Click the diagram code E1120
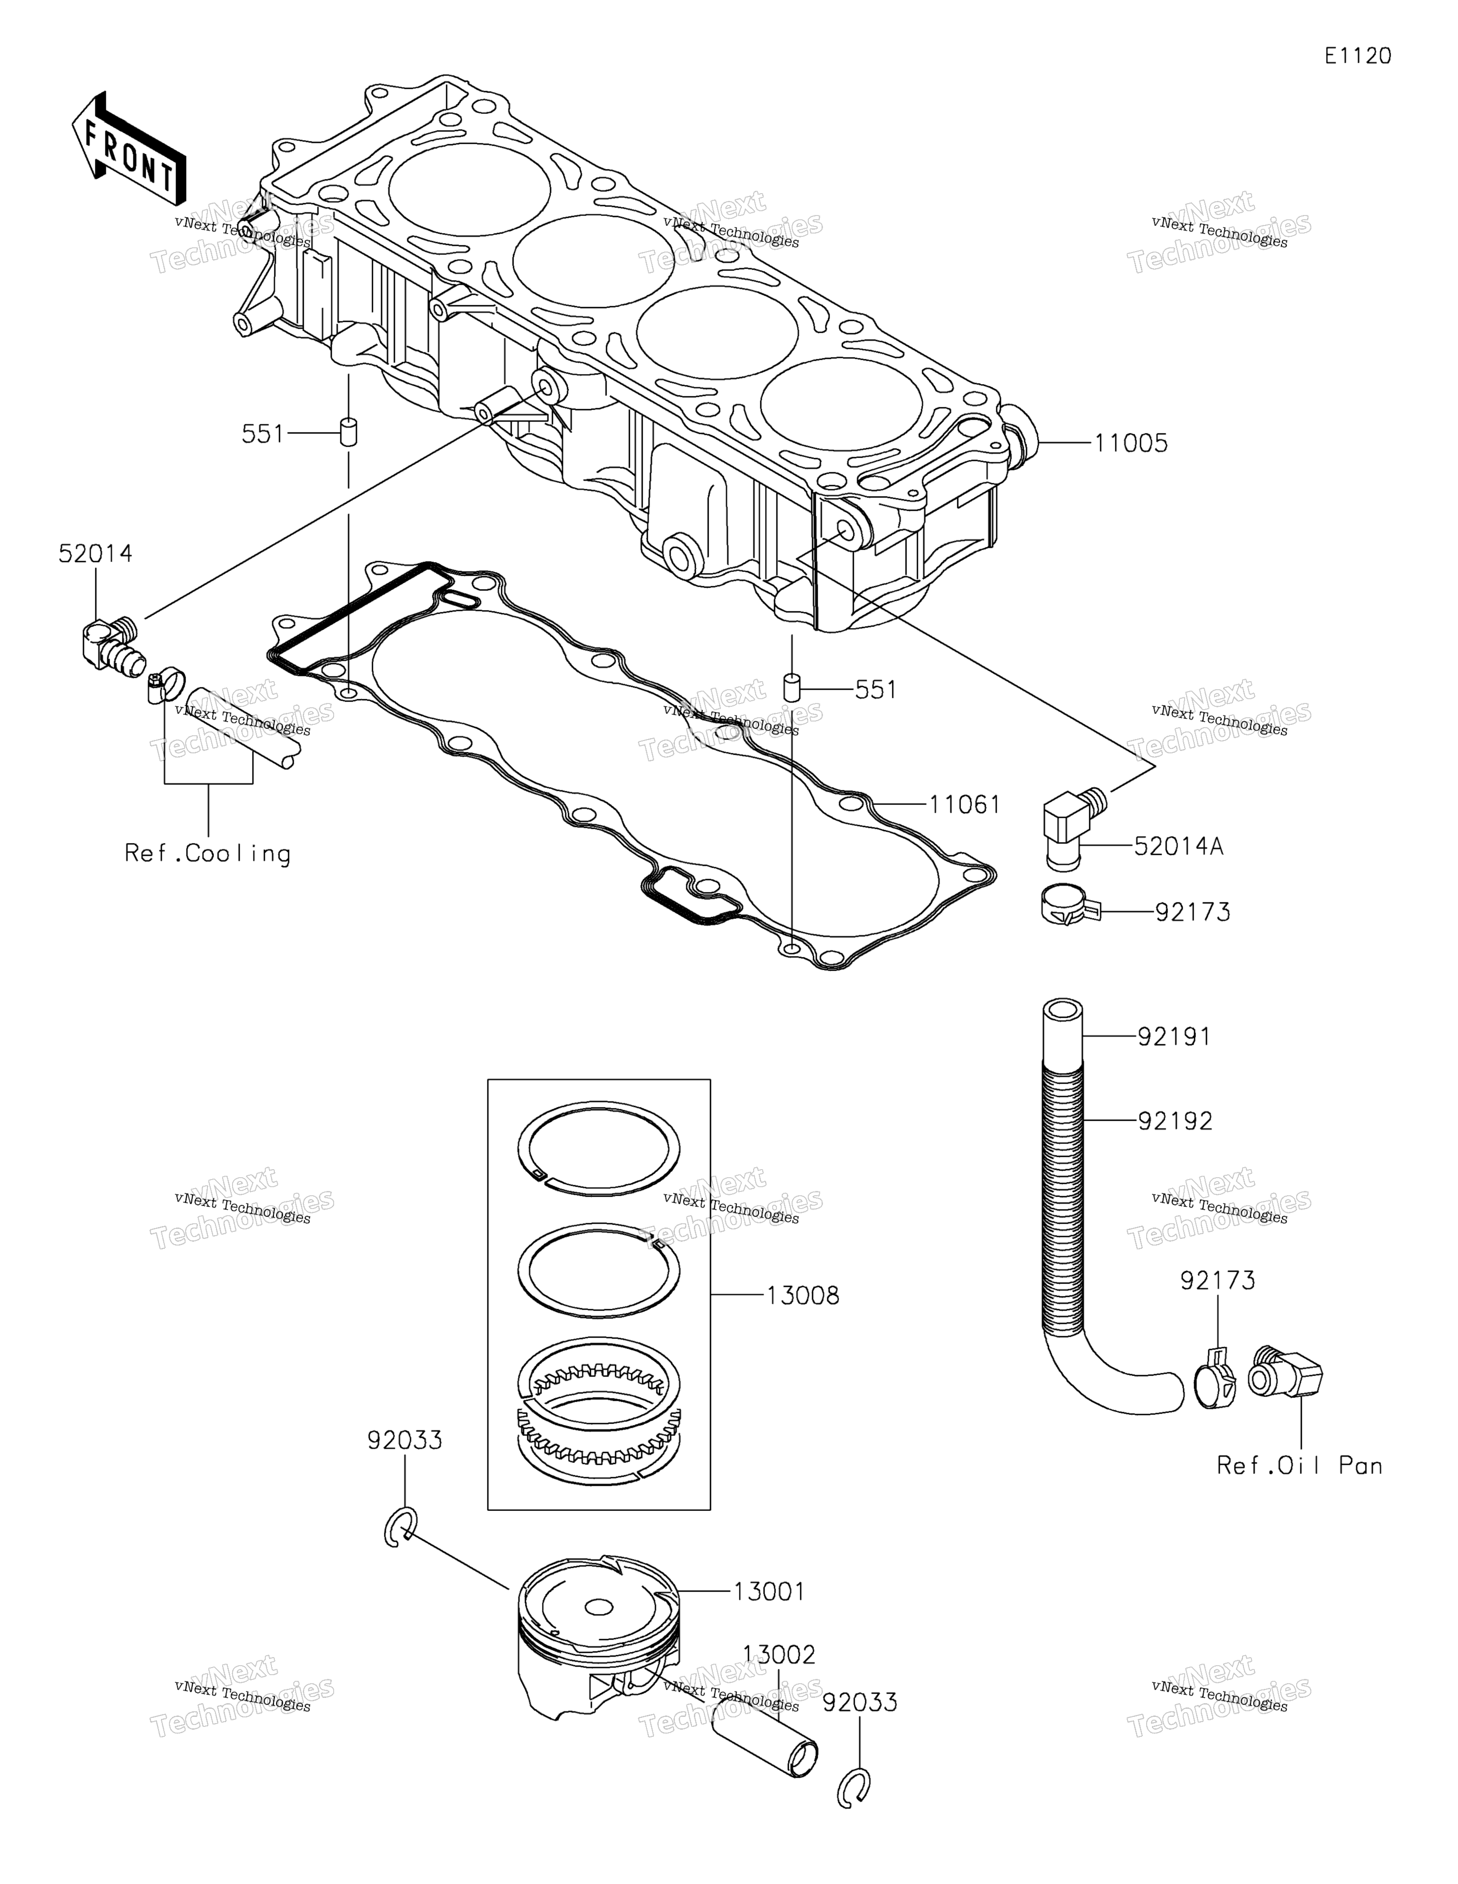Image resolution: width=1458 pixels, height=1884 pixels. pos(1358,56)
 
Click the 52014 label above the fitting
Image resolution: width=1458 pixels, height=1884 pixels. pos(95,554)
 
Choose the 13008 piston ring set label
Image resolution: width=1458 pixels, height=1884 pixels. pos(803,1296)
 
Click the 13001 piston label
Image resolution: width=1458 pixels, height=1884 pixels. pos(769,1592)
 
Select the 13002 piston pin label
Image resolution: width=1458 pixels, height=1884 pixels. pos(779,1655)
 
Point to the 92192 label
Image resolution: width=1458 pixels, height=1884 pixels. pos(1174,1121)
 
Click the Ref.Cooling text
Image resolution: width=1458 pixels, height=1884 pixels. pos(208,854)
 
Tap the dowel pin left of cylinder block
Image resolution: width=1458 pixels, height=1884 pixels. pos(348,432)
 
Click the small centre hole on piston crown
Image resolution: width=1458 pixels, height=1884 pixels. pos(599,1606)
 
